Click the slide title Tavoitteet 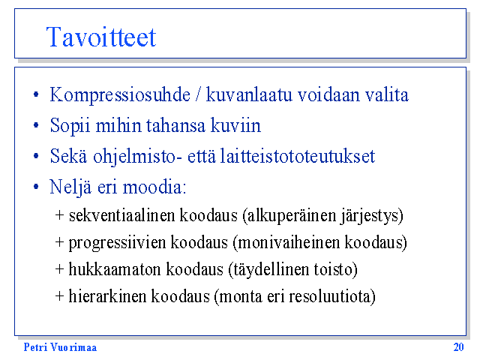101,37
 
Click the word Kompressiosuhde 120,95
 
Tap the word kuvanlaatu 249,94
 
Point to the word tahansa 175,125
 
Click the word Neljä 70,187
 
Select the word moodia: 154,187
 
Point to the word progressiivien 117,243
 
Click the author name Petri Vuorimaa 60,347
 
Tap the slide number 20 458,347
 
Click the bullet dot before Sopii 36,125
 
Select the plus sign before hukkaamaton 59,270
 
